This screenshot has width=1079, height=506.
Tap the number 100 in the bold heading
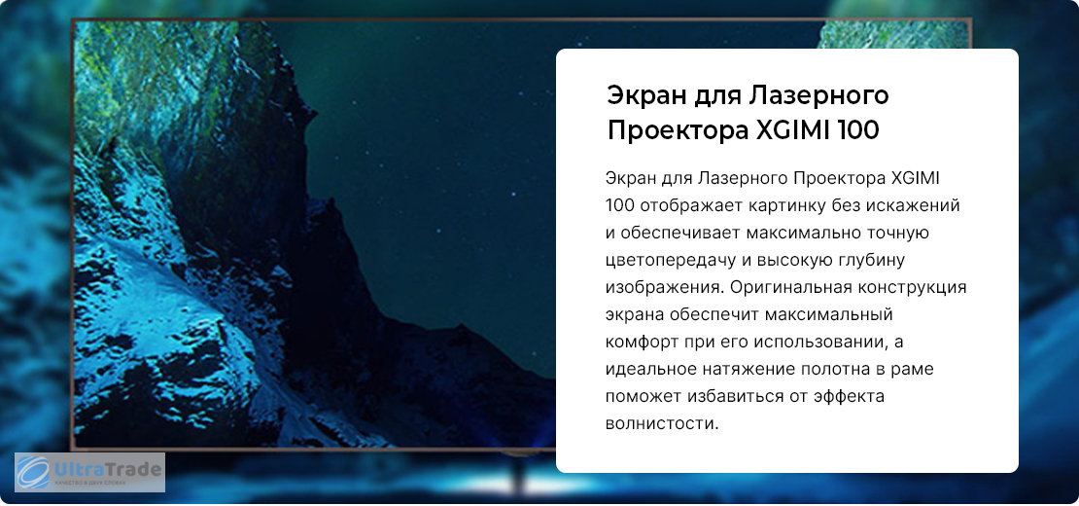(858, 130)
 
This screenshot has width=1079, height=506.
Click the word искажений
(901, 205)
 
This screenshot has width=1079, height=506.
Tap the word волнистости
(662, 423)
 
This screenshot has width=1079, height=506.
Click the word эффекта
(840, 396)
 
